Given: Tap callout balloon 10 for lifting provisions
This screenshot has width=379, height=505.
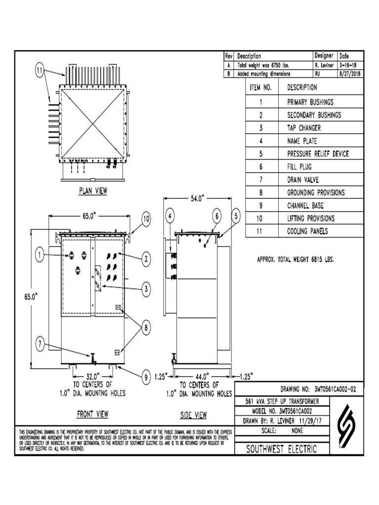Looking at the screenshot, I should click(146, 219).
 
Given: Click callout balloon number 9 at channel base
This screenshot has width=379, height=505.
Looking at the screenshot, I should click(146, 378).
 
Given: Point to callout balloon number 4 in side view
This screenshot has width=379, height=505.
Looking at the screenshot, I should click(170, 216).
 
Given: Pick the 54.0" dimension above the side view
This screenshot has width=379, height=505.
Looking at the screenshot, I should click(197, 199).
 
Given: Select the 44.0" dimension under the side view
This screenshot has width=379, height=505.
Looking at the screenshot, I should click(202, 376).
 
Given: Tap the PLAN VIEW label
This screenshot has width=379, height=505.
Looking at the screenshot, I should click(93, 190).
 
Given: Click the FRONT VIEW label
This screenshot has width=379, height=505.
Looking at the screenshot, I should click(92, 414).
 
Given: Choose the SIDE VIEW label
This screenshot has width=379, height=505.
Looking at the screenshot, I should click(193, 415).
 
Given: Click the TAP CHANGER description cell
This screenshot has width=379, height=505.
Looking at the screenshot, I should click(304, 128).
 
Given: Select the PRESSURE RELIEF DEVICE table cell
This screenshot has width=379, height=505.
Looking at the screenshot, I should click(318, 154).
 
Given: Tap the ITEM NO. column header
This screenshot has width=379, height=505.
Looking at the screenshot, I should click(261, 88).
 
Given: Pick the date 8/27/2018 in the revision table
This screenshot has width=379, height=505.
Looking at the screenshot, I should click(349, 73).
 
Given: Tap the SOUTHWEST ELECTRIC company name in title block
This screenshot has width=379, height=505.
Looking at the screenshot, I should click(282, 449).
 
